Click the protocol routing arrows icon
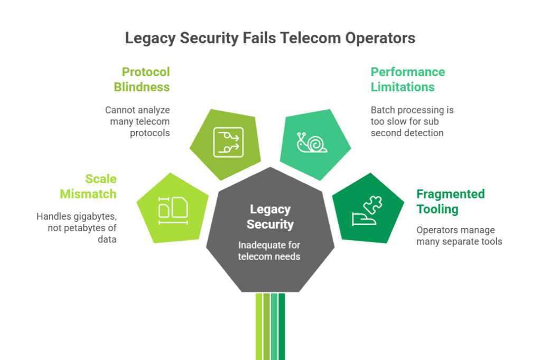pos(228,142)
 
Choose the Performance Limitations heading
pos(407,79)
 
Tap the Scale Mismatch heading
pos(88,186)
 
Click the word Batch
pos(383,110)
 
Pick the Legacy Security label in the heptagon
pos(270,216)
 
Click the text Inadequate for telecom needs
pos(270,251)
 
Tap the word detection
pos(426,132)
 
